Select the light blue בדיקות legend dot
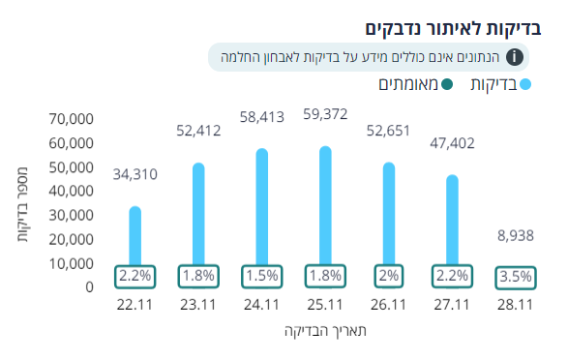tap(526, 86)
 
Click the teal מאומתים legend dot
tap(446, 86)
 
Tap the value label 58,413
tap(262, 117)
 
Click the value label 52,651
tap(389, 131)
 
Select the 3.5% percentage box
tap(515, 277)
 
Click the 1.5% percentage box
tap(261, 276)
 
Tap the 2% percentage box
tap(388, 276)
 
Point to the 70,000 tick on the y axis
tap(71, 119)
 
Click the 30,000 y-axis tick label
tap(71, 215)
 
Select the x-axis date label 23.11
tap(197, 305)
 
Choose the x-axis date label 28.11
tap(515, 305)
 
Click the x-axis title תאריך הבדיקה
tap(323, 331)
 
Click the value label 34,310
tap(135, 175)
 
